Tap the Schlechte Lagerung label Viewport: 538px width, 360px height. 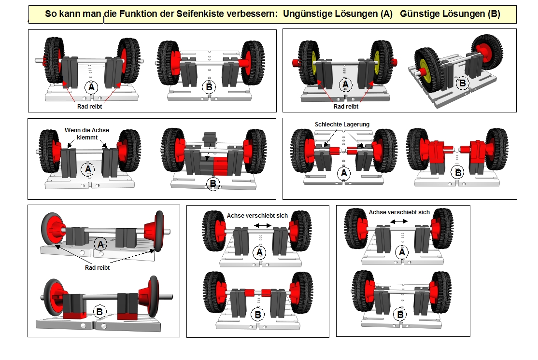click(x=342, y=125)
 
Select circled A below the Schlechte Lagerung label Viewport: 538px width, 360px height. click(x=344, y=173)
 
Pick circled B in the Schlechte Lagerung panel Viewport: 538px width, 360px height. click(x=456, y=172)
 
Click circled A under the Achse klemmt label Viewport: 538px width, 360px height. click(x=87, y=169)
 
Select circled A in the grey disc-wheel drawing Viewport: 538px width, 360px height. click(x=100, y=244)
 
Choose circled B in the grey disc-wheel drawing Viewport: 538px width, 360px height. click(x=99, y=312)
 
